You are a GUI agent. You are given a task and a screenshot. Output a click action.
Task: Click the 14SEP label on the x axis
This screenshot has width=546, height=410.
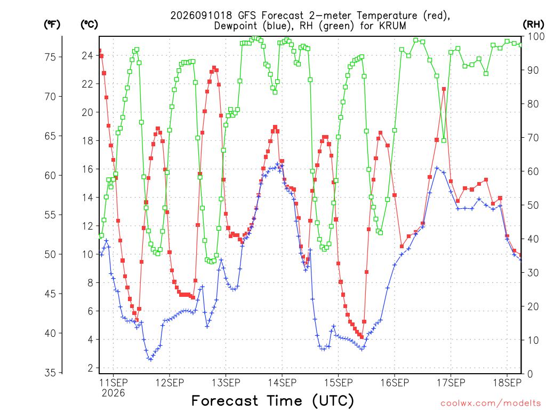pos(282,382)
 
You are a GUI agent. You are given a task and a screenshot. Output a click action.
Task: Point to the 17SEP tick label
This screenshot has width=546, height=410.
pos(451,382)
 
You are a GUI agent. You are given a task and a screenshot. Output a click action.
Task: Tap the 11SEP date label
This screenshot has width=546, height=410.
pos(113,382)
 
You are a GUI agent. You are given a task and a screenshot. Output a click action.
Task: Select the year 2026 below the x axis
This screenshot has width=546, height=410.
pos(113,393)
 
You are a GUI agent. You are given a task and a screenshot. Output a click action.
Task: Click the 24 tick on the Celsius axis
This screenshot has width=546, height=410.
pos(87,56)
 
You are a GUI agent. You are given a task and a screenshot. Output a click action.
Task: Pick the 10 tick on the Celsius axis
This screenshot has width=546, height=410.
pos(87,254)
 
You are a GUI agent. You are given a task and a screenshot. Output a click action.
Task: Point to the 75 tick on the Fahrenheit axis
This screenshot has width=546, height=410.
pos(50,57)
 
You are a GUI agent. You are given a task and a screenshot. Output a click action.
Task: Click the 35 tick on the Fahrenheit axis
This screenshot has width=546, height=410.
pos(50,373)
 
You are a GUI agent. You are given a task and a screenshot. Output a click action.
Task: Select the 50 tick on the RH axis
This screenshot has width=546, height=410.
pos(533,205)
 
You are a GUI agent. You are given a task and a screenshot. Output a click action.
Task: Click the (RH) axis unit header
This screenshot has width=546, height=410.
pos(533,24)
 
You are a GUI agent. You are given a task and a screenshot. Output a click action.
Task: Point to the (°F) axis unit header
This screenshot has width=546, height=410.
pos(52,25)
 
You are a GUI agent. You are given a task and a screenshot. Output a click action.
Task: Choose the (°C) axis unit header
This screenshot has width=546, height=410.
pos(89,25)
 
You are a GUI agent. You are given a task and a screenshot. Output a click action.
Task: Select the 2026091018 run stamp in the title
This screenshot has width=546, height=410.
pos(201,15)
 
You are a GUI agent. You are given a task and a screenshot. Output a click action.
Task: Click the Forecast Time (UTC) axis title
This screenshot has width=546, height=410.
pos(272,401)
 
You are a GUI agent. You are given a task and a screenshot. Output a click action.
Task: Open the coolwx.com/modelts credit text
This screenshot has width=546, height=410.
pos(491,404)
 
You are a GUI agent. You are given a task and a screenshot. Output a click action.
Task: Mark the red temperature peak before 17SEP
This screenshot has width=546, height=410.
pos(444,89)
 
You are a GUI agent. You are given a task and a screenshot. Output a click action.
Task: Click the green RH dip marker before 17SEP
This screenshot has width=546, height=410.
pos(444,140)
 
